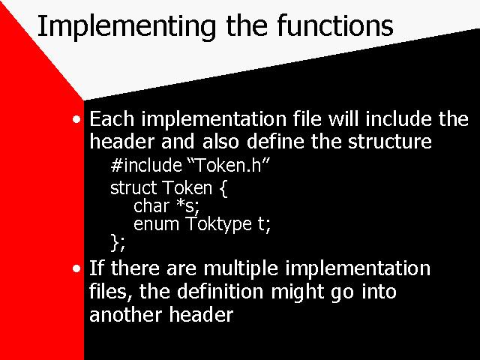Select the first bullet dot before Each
click(x=76, y=119)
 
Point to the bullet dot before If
click(x=76, y=268)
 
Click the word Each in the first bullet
click(x=112, y=118)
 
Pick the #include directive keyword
click(x=146, y=165)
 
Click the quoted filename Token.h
click(x=228, y=165)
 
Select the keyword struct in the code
click(x=133, y=187)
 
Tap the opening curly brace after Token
click(x=223, y=188)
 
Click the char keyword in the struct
click(x=151, y=205)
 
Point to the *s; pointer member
click(x=188, y=206)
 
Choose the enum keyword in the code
click(x=156, y=224)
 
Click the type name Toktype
click(x=218, y=225)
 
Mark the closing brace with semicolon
click(x=118, y=243)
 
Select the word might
click(x=297, y=292)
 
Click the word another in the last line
click(x=125, y=314)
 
